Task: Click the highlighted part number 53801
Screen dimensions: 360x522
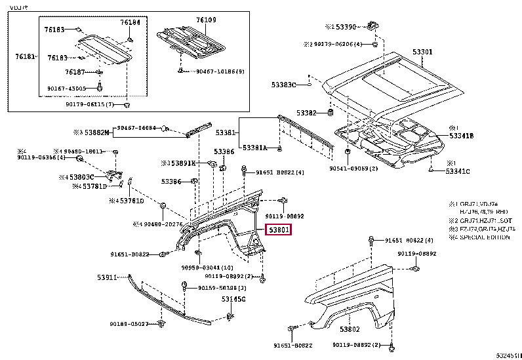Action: tap(278, 230)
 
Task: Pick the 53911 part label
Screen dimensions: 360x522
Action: tap(107, 278)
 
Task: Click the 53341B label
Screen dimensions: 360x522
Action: tap(461, 136)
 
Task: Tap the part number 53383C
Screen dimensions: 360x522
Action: tap(284, 85)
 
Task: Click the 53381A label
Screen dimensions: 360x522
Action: tap(255, 148)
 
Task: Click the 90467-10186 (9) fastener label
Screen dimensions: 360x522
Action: tap(219, 71)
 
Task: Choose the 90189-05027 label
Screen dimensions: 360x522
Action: tap(129, 324)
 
